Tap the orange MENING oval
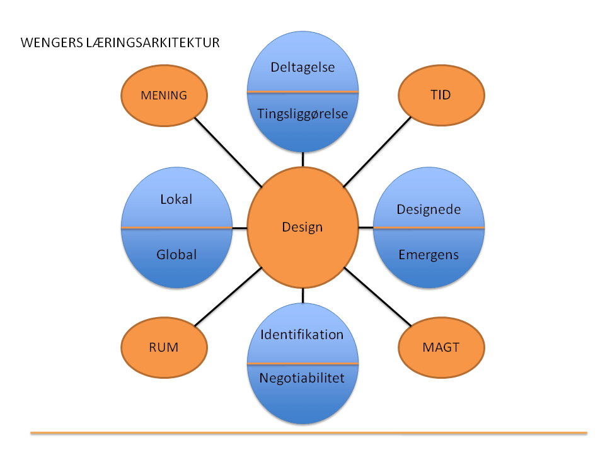pyautogui.click(x=164, y=96)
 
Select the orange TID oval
pyautogui.click(x=442, y=96)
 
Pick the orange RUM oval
pyautogui.click(x=164, y=347)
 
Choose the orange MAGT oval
pyautogui.click(x=442, y=347)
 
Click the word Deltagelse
pyautogui.click(x=302, y=67)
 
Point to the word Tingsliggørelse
pyautogui.click(x=302, y=113)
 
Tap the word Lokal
pyautogui.click(x=176, y=199)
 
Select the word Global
pyautogui.click(x=176, y=254)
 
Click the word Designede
pyautogui.click(x=429, y=209)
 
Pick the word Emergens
pyautogui.click(x=429, y=255)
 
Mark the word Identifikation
pyautogui.click(x=302, y=334)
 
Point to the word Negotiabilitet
pyautogui.click(x=302, y=377)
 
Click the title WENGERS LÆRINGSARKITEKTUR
pyautogui.click(x=120, y=43)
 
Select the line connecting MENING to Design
pyautogui.click(x=228, y=152)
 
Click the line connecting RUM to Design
pyautogui.click(x=228, y=296)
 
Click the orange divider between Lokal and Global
pyautogui.click(x=176, y=227)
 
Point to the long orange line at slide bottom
pyautogui.click(x=309, y=433)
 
